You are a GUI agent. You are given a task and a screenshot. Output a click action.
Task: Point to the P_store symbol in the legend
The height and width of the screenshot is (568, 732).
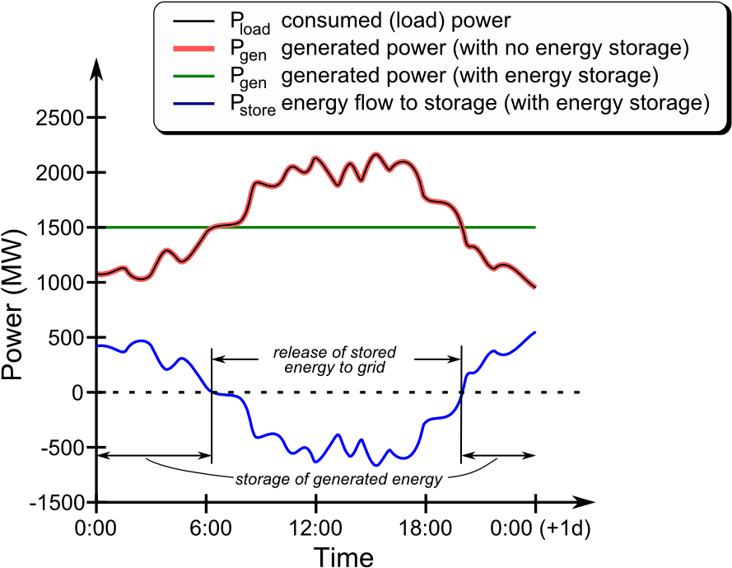[x=252, y=106]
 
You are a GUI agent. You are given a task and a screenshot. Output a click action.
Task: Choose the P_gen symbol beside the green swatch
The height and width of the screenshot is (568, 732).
[x=248, y=79]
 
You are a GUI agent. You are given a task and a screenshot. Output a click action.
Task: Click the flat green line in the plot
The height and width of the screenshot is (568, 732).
[x=329, y=227]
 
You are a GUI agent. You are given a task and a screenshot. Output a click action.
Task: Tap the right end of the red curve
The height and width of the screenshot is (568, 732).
[x=536, y=287]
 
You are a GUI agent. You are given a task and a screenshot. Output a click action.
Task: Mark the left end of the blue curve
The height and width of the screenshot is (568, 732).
[x=99, y=345]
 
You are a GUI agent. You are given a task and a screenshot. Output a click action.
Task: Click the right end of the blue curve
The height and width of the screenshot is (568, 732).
[x=536, y=332]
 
